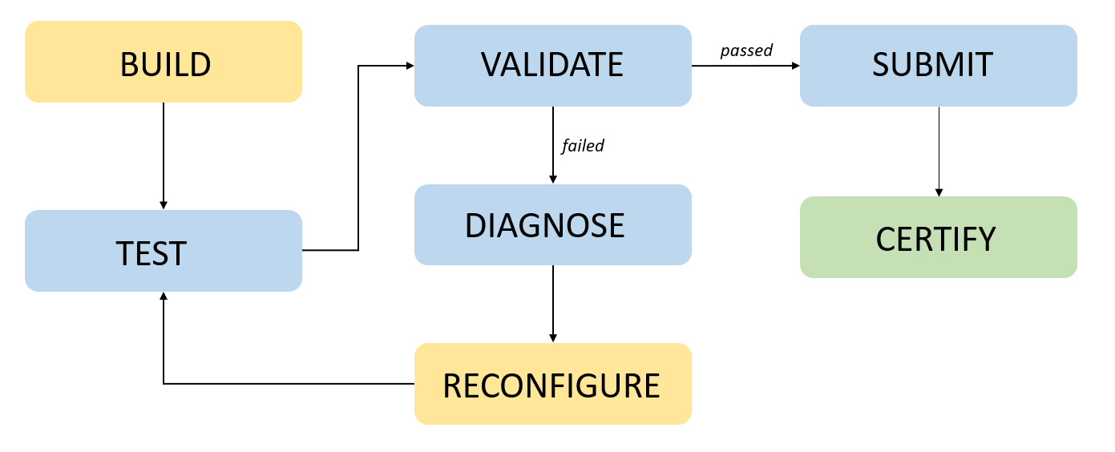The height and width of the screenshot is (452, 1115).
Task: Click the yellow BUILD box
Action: [x=164, y=63]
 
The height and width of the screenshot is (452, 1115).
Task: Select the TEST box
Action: [x=164, y=251]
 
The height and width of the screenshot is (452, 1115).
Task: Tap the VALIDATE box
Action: [x=552, y=66]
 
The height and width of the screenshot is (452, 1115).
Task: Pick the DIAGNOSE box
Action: [x=552, y=225]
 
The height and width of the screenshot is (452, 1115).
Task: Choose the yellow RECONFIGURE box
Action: [x=552, y=385]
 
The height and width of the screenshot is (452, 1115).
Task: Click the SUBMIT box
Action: [x=938, y=66]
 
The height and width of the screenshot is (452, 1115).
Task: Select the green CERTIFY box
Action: [x=938, y=238]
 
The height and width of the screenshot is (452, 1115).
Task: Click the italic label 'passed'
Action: [x=745, y=50]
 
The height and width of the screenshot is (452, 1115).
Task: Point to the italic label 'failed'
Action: [x=583, y=146]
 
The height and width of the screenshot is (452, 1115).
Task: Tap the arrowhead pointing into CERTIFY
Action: [x=939, y=192]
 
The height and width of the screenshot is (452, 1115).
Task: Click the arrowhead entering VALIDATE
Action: [x=409, y=66]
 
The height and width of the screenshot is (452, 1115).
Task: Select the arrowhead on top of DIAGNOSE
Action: [x=552, y=180]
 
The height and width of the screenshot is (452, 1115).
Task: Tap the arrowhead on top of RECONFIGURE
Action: [x=552, y=338]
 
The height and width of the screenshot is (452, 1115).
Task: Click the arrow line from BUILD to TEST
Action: [x=164, y=152]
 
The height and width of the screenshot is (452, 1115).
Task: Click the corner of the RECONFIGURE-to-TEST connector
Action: [x=164, y=384]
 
